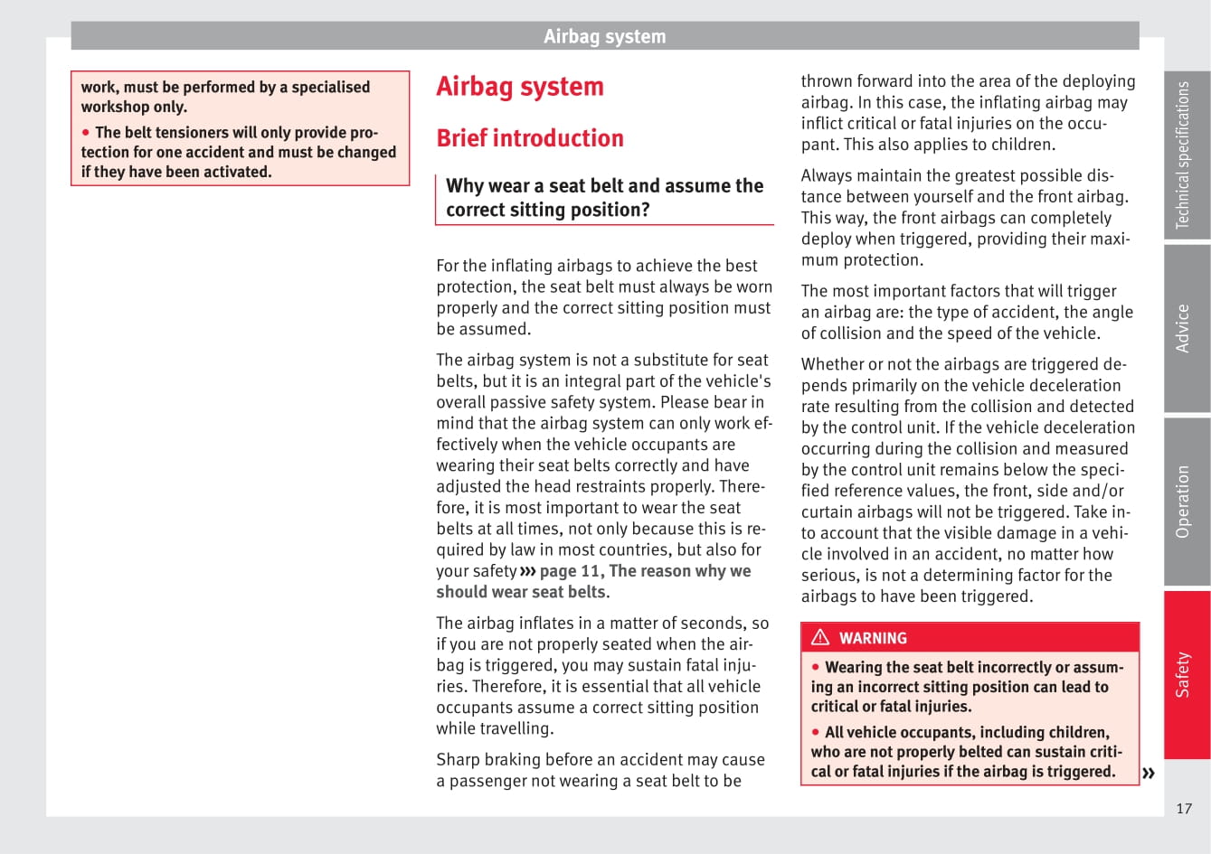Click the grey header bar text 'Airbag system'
coord(604,37)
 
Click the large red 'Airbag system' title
coord(520,87)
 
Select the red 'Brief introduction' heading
coord(530,138)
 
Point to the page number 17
coord(1184,809)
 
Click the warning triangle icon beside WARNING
coord(820,637)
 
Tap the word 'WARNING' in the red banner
coord(873,638)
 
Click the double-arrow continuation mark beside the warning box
coord(1149,773)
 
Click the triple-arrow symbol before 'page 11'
coord(528,571)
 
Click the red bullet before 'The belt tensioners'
coord(87,132)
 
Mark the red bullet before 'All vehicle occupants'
coord(816,732)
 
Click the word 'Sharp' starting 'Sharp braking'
coord(458,760)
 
